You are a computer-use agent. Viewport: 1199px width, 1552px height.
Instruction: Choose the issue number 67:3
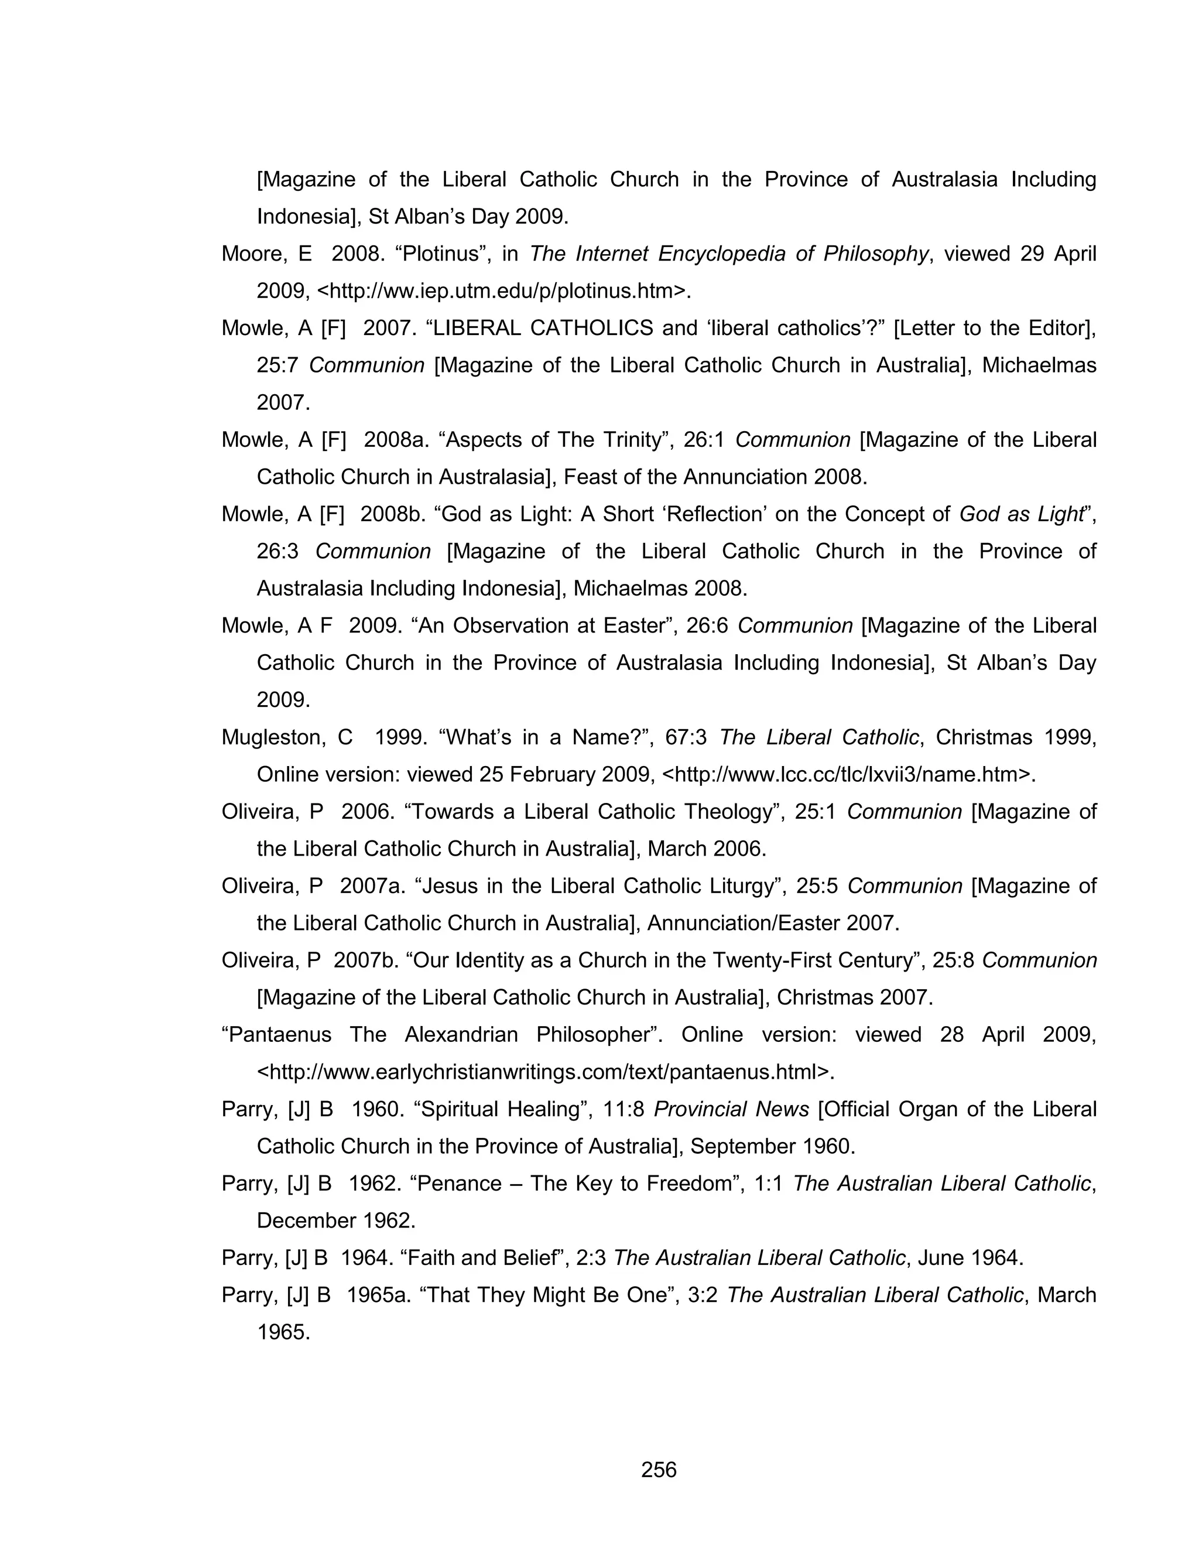(x=686, y=737)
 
